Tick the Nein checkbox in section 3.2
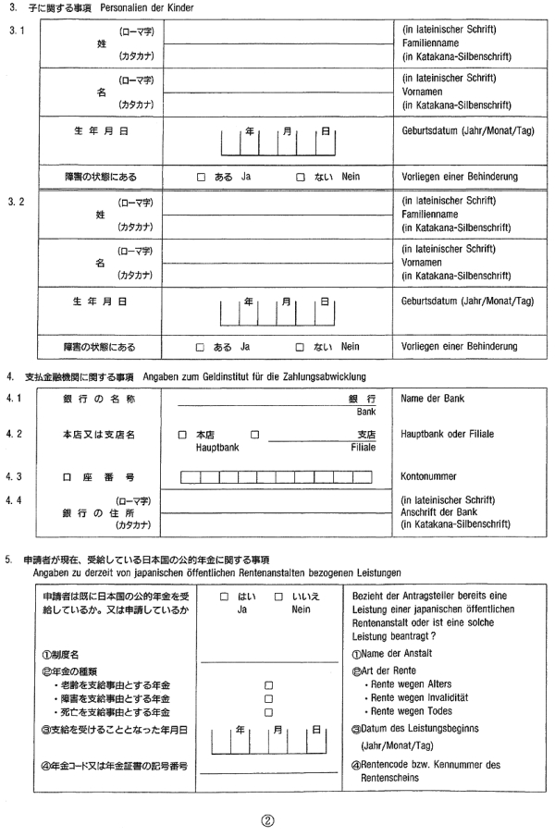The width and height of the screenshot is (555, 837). click(x=302, y=348)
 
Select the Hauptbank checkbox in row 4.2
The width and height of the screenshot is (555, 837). click(x=182, y=434)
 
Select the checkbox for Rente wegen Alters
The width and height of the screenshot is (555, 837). click(x=269, y=685)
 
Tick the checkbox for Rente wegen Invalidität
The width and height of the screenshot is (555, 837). click(x=269, y=699)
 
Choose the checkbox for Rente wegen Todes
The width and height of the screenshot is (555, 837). click(x=269, y=713)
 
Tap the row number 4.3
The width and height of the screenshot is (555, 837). click(x=12, y=477)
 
